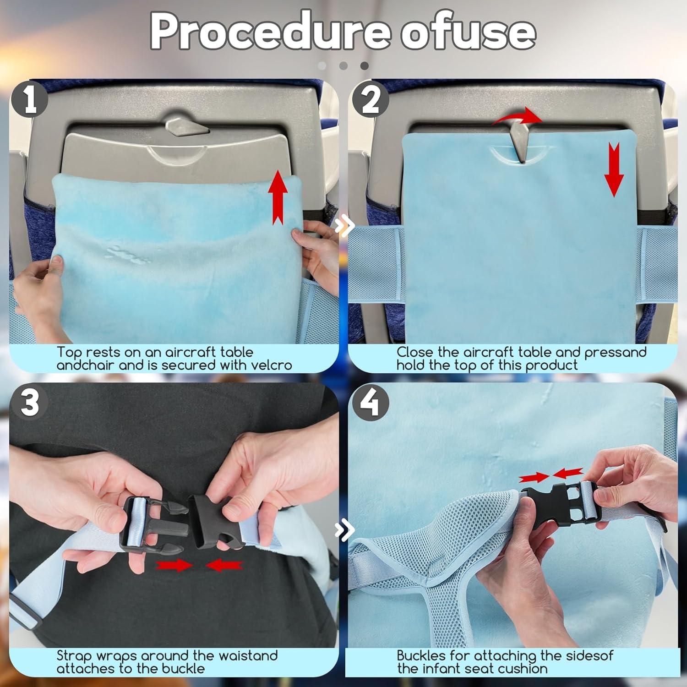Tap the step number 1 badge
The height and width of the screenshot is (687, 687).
click(30, 100)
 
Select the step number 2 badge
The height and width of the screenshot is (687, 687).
click(370, 100)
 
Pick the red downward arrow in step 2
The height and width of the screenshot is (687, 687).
click(614, 169)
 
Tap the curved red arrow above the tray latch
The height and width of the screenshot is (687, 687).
click(518, 117)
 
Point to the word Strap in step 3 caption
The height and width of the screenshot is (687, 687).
click(74, 656)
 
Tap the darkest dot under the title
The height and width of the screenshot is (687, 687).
click(365, 66)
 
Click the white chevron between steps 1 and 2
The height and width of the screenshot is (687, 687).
click(344, 225)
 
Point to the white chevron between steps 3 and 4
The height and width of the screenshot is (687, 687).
click(344, 530)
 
